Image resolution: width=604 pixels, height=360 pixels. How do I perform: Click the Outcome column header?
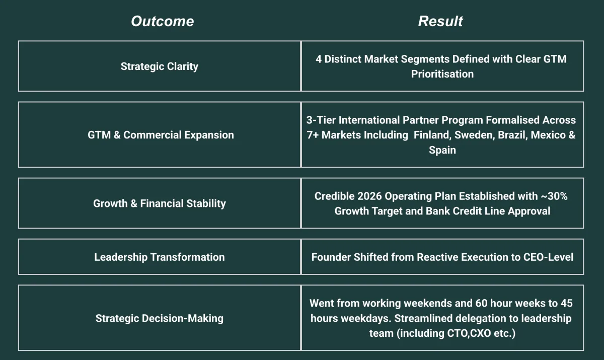pos(162,21)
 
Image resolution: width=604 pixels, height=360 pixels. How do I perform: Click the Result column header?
pos(440,21)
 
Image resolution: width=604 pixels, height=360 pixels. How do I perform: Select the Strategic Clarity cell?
pos(160,66)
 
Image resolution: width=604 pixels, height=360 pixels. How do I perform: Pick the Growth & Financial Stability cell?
pos(160,203)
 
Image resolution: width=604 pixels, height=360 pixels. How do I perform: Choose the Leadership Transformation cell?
pos(160,257)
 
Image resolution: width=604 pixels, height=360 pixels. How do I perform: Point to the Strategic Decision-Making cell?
pos(160,318)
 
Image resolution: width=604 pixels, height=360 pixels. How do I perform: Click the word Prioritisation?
pos(442,74)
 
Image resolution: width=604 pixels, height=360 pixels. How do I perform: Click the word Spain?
pos(442,150)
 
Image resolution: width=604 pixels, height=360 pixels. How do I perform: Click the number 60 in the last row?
pos(481,303)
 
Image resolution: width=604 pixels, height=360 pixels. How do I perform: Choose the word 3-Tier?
pos(321,120)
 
